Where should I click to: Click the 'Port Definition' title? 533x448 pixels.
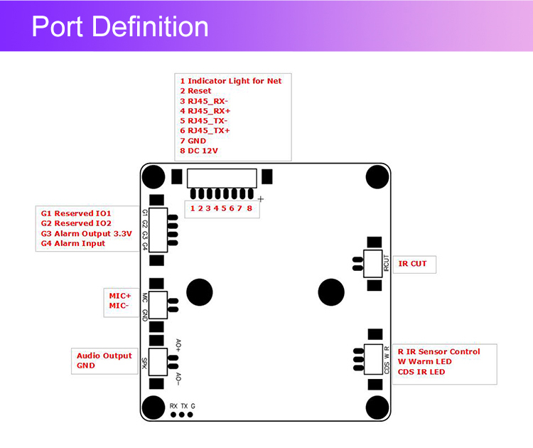(x=120, y=27)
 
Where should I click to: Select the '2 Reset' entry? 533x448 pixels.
(x=195, y=91)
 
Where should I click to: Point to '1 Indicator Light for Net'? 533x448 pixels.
(x=231, y=81)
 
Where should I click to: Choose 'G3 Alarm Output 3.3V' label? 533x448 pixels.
(x=86, y=233)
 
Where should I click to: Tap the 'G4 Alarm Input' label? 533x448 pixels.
(x=73, y=243)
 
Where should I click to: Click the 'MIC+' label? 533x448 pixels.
(x=120, y=294)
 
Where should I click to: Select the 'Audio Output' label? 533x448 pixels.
(x=104, y=356)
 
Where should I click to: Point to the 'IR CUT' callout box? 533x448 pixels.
(x=413, y=264)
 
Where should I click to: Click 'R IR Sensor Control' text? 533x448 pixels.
(x=438, y=351)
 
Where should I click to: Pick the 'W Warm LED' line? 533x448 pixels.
(x=424, y=361)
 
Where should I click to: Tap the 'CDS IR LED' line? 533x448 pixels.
(x=421, y=371)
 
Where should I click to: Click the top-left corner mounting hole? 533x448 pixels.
(x=153, y=176)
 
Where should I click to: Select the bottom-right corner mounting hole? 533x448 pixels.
(x=378, y=407)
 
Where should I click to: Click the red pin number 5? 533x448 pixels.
(x=224, y=208)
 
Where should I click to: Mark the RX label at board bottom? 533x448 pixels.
(x=173, y=405)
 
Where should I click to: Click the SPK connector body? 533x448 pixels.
(x=157, y=361)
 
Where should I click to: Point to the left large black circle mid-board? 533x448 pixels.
(x=200, y=291)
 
